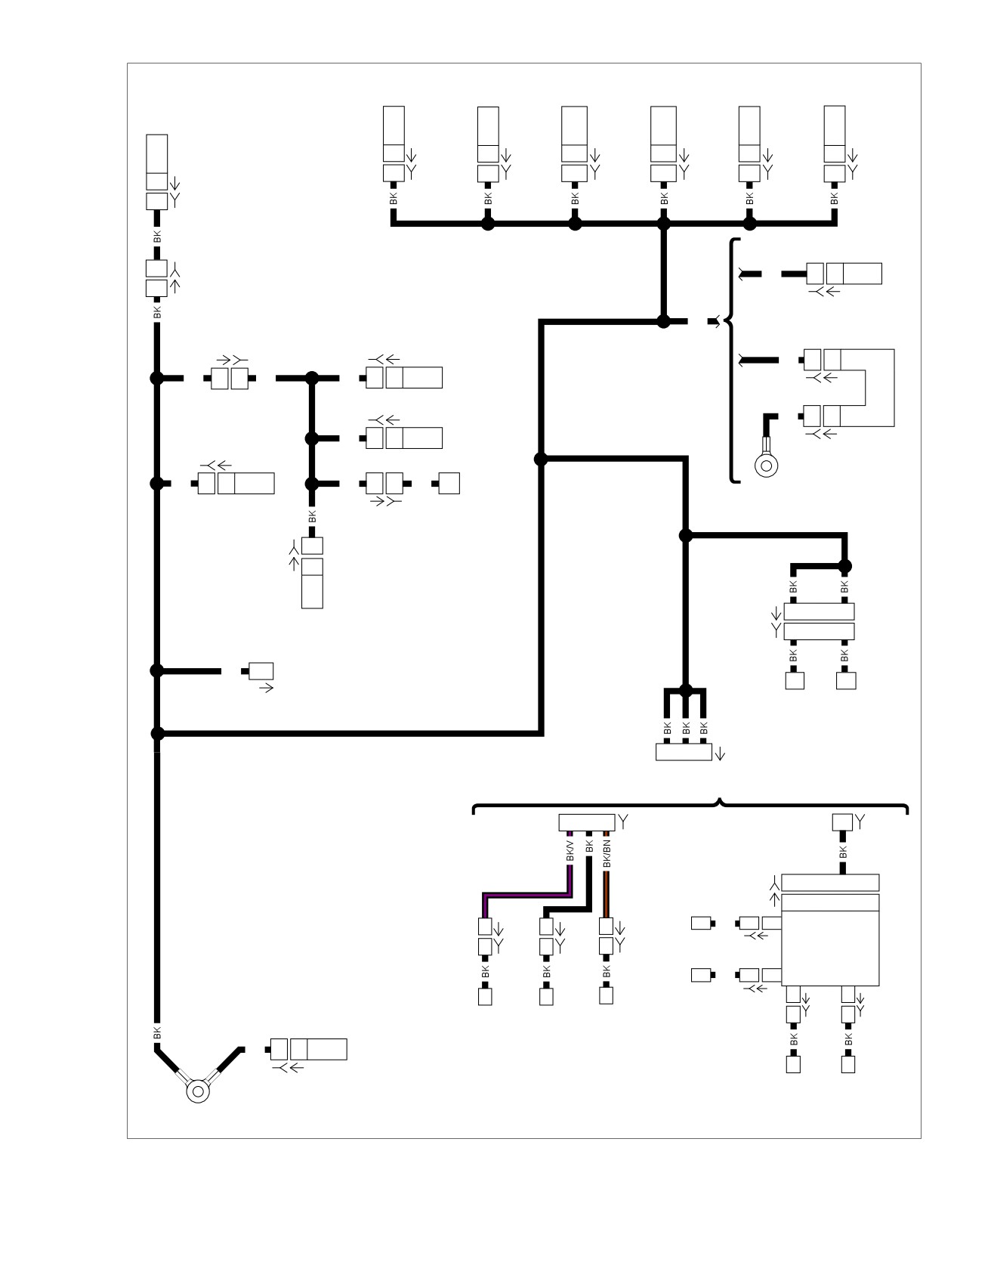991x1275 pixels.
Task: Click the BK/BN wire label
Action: (607, 853)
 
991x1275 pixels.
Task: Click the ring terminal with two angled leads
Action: (198, 1091)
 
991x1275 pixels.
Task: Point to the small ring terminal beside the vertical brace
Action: (767, 465)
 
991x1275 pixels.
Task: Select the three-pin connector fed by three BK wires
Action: (684, 752)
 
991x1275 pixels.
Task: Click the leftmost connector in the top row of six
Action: (394, 144)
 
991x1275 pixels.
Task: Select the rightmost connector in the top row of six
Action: (835, 144)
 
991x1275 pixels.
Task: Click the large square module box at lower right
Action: (830, 939)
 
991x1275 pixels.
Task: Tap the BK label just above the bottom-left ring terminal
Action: (157, 1032)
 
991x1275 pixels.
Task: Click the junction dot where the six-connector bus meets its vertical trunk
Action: (664, 224)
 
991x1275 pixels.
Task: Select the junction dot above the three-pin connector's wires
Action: (686, 690)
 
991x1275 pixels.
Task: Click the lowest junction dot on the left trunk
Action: (157, 733)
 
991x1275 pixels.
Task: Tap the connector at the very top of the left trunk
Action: (156, 172)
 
